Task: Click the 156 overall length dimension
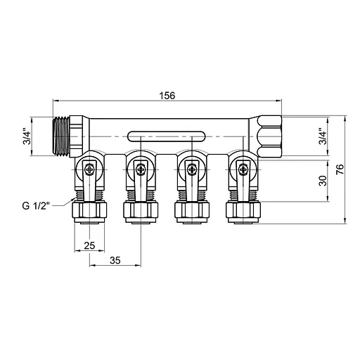coord(167,96)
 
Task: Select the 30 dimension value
coord(323,181)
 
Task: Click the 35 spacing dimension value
coord(115,261)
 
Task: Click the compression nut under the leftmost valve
coord(89,211)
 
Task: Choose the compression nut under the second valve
coord(139,211)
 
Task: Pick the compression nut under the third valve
coord(190,211)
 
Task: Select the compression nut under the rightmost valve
coord(241,211)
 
